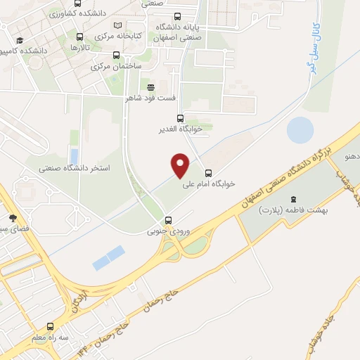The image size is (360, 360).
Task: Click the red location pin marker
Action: click(181, 165)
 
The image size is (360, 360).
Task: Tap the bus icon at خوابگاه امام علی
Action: click(208, 173)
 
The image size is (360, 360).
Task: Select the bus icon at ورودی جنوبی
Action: click(167, 220)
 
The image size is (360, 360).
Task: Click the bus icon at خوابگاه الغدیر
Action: click(180, 118)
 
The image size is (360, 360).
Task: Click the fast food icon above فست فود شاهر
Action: click(150, 86)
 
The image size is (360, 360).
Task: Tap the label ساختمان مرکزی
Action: click(117, 65)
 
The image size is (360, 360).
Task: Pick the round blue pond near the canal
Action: click(300, 130)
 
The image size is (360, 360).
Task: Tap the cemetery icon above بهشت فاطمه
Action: click(294, 198)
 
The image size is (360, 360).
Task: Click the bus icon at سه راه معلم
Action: click(49, 326)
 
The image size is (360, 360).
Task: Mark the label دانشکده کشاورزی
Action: click(78, 12)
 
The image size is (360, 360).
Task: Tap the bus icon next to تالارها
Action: click(79, 37)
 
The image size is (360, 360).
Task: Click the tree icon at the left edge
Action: click(12, 217)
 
